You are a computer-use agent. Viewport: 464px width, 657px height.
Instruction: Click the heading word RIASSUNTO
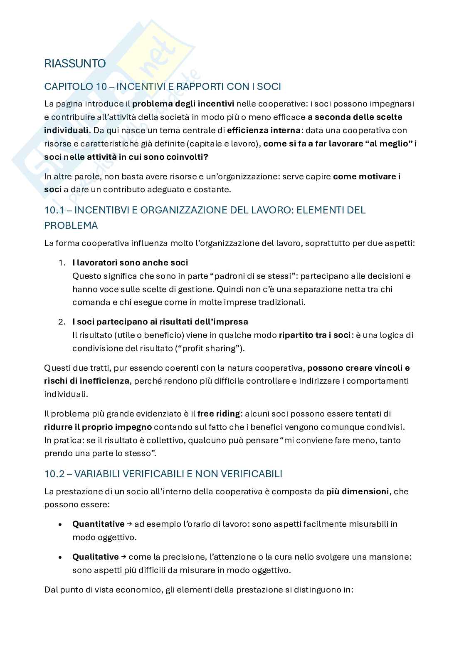tap(75, 64)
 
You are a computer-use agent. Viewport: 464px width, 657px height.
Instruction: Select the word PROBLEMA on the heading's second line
tap(71, 226)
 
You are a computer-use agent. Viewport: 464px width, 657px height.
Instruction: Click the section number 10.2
tap(53, 474)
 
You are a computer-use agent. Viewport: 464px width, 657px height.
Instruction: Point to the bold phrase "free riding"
tap(219, 414)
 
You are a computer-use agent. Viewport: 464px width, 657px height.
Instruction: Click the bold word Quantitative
tap(98, 524)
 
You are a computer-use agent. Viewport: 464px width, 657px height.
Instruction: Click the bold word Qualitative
tap(96, 557)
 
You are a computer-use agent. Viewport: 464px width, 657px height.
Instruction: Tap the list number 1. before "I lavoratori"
tap(62, 263)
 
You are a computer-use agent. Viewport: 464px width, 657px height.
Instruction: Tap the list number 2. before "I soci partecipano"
tap(62, 322)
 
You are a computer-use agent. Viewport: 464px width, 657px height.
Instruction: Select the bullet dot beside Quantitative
tap(61, 524)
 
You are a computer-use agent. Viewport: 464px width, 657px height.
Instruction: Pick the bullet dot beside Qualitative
tap(61, 557)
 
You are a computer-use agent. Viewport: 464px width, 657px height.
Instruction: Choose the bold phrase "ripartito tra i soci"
tap(315, 335)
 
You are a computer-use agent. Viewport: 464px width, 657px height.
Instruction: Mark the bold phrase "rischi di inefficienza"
tap(86, 381)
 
